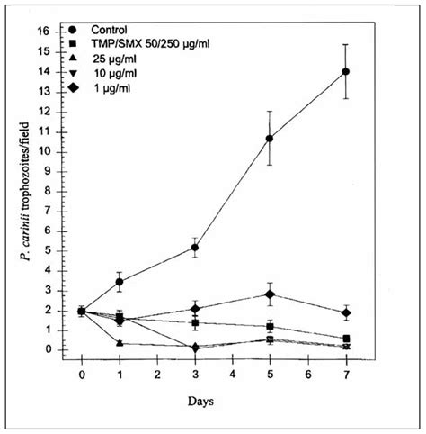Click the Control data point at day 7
[346, 71]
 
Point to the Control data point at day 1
[120, 282]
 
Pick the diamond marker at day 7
[346, 312]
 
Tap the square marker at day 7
[346, 339]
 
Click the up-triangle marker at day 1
[120, 343]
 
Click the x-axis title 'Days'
[214, 397]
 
